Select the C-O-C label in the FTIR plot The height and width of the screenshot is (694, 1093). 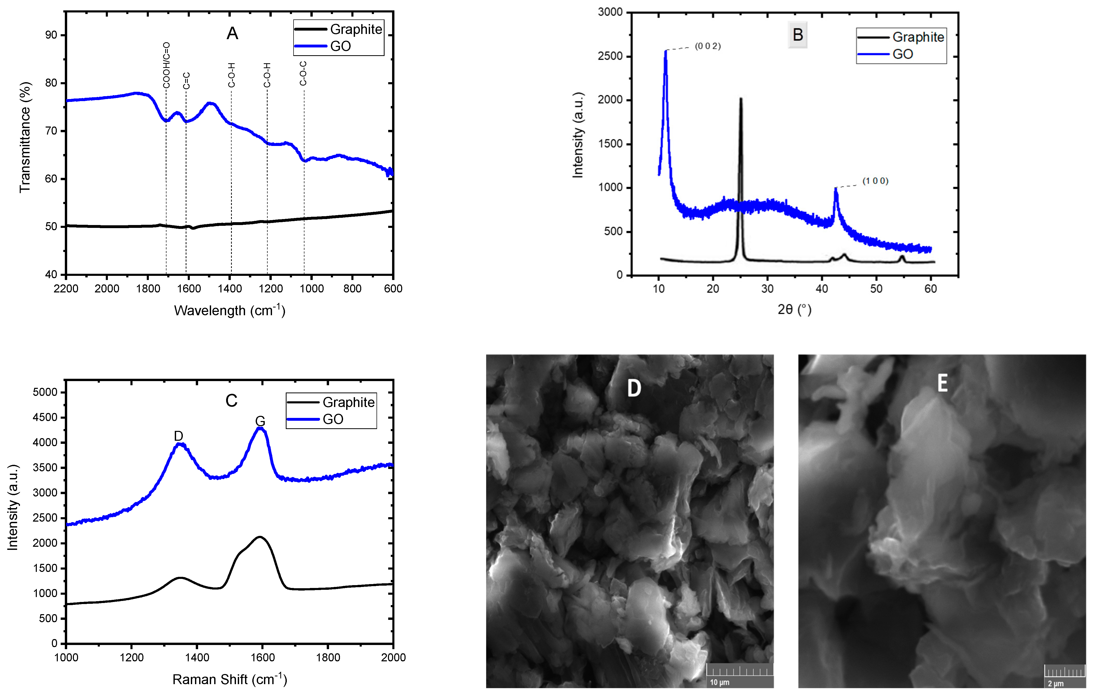click(x=303, y=74)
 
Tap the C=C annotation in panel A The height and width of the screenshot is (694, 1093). click(x=186, y=81)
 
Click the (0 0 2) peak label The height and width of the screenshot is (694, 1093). click(x=708, y=46)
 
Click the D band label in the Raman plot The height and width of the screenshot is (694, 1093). click(x=178, y=436)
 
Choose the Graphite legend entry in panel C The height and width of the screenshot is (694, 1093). click(x=348, y=402)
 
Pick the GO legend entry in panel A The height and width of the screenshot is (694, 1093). click(x=340, y=46)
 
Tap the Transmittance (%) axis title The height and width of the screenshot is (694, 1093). click(x=25, y=137)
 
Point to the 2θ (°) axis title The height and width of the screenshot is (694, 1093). click(x=794, y=310)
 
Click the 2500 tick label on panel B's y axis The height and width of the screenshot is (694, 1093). click(x=610, y=56)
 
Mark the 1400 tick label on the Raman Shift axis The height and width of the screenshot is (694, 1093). click(x=197, y=657)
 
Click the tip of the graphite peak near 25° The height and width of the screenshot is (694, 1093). click(x=741, y=99)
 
